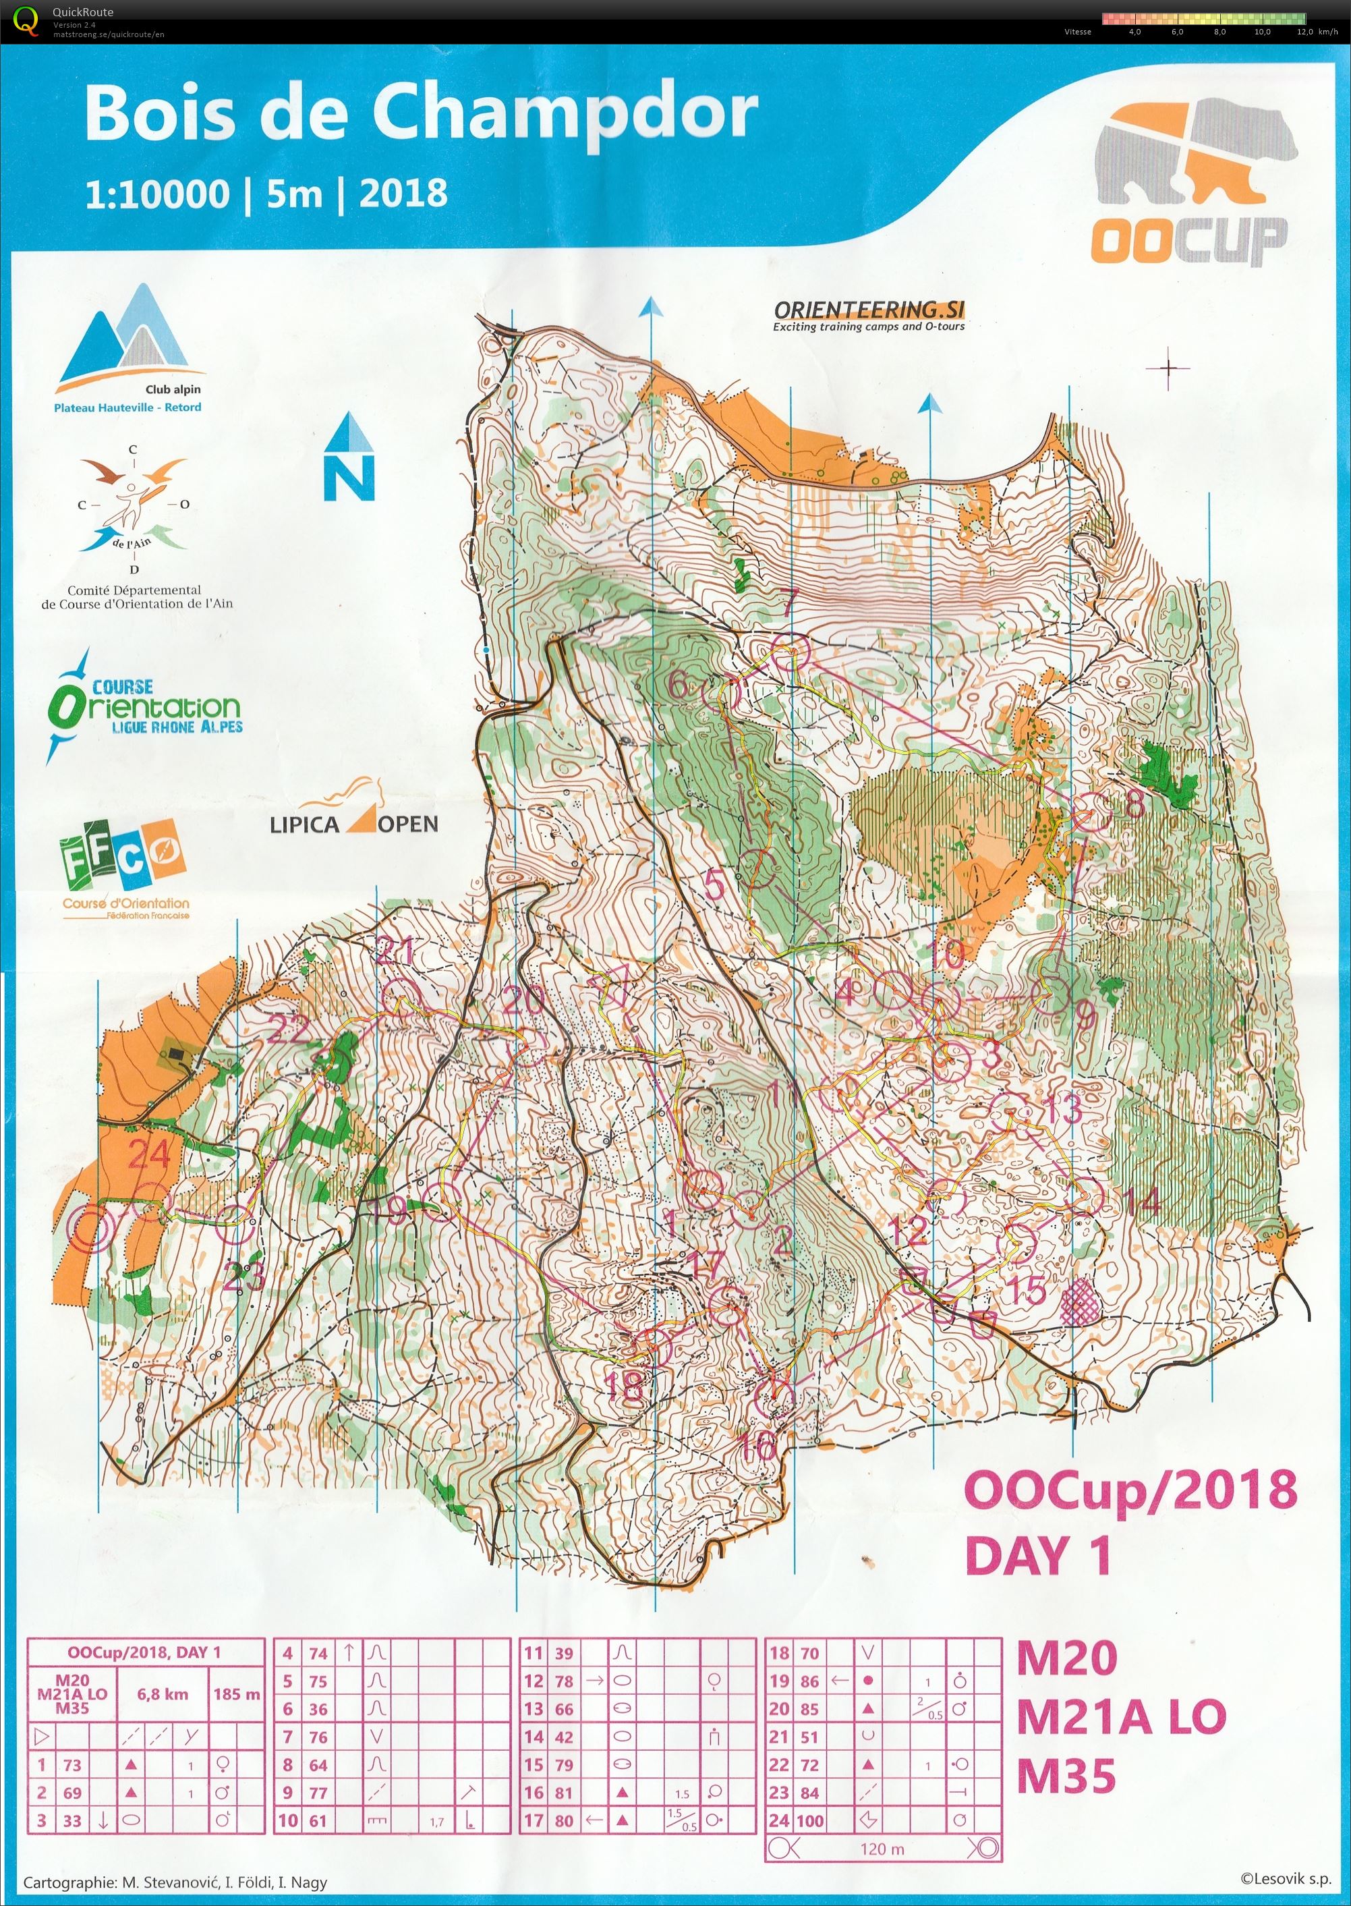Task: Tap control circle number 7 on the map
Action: (789, 650)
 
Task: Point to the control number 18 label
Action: (625, 1385)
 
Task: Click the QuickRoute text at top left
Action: (82, 11)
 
